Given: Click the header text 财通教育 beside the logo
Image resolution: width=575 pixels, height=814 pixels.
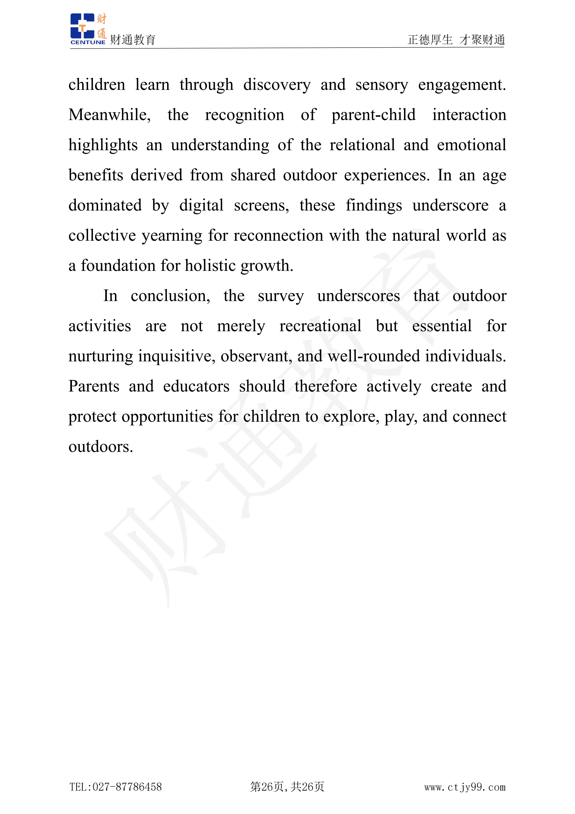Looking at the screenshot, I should tap(133, 40).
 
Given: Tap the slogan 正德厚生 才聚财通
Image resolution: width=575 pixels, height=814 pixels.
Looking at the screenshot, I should tap(456, 40).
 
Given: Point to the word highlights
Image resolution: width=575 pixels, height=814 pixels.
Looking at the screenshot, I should tap(103, 145).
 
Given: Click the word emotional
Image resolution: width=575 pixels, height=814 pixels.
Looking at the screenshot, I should tap(471, 145).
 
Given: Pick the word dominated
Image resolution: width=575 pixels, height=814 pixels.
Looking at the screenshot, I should tap(105, 206).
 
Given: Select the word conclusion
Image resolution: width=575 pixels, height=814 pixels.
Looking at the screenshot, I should tap(170, 296).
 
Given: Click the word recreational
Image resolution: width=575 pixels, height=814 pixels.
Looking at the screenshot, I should tap(320, 326).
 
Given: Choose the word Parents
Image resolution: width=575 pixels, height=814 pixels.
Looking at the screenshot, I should tap(94, 386).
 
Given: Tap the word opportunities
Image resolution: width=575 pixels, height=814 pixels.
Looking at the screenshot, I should tap(167, 417).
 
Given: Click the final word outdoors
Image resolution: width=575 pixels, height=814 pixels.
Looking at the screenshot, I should tap(101, 447).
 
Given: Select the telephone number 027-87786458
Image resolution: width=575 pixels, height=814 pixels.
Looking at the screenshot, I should tap(127, 787).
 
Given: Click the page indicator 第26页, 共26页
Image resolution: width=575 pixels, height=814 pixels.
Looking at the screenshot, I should tap(287, 787).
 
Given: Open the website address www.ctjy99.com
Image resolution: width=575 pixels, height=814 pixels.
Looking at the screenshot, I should tap(465, 787).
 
